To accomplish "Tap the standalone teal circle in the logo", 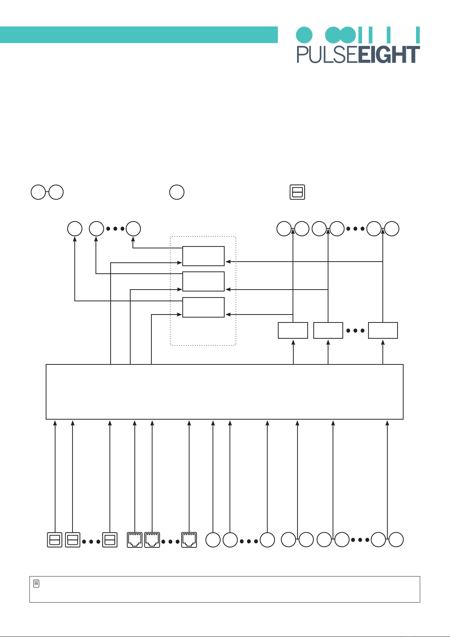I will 304,35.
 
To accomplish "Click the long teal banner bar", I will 139,35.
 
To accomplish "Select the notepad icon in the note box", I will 36,583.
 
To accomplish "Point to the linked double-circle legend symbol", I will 47,192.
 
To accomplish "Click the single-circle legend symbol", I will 177,192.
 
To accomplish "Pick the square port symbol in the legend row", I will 297,192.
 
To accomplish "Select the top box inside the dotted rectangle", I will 203,256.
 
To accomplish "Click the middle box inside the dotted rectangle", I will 203,282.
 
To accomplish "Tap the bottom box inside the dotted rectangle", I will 203,307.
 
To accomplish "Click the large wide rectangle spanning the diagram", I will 225,392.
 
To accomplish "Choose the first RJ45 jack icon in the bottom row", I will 134,540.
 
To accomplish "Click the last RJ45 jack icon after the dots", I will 189,540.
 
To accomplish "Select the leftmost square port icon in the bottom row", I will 55,540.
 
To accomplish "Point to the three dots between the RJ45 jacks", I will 171,542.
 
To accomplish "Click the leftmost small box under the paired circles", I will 293,330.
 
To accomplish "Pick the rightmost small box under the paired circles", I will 383,330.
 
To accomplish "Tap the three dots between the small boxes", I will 355,330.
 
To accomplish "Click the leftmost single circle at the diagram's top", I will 75,229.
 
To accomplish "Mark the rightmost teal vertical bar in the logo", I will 418,35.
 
